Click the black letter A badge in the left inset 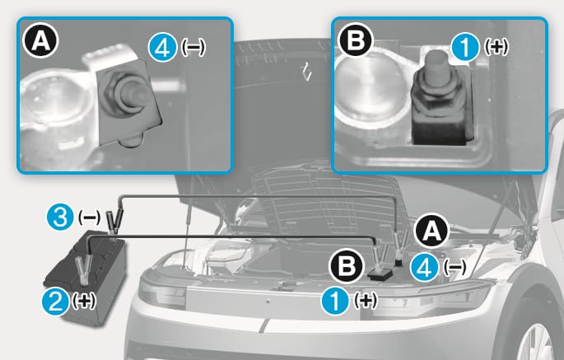point(40,41)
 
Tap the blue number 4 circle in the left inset point(162,48)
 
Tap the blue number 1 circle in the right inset point(465,46)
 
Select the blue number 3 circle point(60,217)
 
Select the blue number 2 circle point(56,302)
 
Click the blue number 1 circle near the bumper point(335,301)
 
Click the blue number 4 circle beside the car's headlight point(425,268)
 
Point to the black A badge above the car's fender point(431,231)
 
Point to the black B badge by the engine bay point(347,266)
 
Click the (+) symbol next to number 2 point(84,300)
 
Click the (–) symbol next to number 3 point(89,217)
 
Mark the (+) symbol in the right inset point(496,46)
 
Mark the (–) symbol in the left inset point(193,47)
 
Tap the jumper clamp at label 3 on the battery point(114,220)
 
